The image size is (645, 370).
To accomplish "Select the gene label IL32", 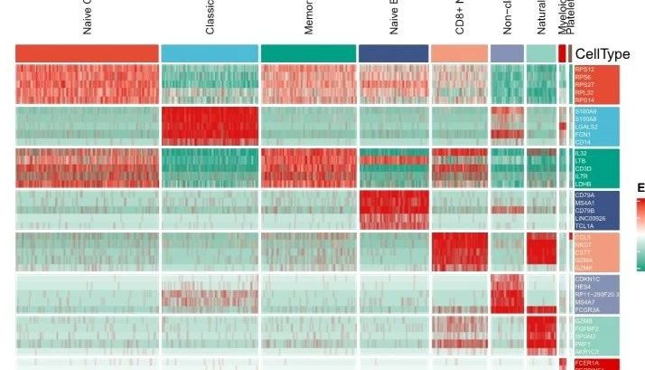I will point(580,154).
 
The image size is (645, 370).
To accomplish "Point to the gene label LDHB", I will point(582,184).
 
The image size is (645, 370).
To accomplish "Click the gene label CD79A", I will point(584,195).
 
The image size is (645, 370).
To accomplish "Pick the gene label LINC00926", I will point(589,218).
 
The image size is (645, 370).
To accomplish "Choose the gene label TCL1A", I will point(583,226).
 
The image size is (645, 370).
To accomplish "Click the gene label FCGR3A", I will point(586,309).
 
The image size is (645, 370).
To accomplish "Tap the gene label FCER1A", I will point(585,363).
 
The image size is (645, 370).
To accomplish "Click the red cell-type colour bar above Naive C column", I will point(87,53).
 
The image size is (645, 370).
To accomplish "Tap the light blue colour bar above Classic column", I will point(209,53).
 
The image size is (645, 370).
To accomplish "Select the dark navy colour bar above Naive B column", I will point(393,53).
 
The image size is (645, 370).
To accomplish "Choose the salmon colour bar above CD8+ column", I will point(459,53).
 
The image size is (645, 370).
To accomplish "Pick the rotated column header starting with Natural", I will point(541,18).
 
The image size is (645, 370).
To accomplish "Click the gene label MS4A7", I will point(584,302).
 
